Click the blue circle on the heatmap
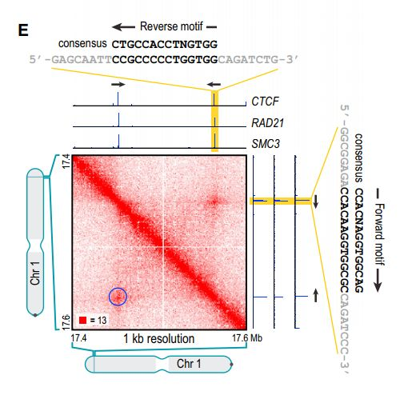(x=118, y=297)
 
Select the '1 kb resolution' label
(x=158, y=339)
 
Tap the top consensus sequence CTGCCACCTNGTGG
(x=163, y=45)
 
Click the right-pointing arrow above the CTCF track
(x=117, y=83)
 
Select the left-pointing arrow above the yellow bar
(x=214, y=83)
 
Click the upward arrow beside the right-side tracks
(x=317, y=296)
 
